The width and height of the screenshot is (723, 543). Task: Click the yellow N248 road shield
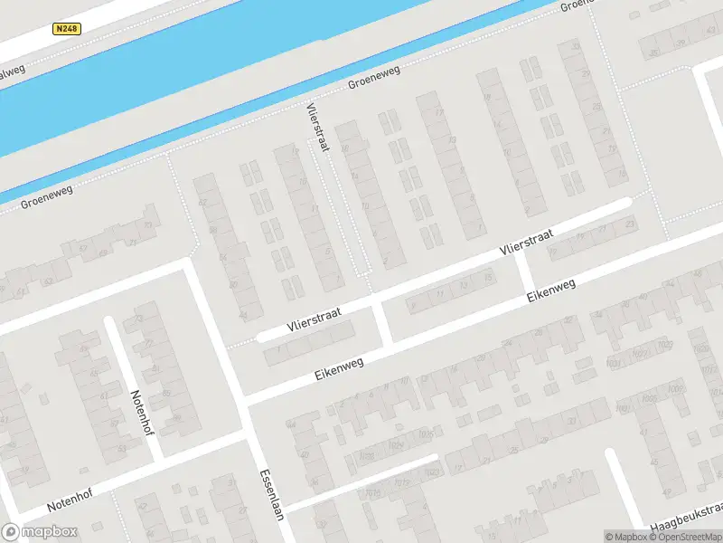click(67, 29)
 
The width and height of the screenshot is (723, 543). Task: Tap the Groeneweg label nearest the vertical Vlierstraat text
click(374, 79)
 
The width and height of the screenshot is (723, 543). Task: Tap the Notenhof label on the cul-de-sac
click(143, 412)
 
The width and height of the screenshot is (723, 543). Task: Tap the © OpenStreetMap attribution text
click(689, 537)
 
